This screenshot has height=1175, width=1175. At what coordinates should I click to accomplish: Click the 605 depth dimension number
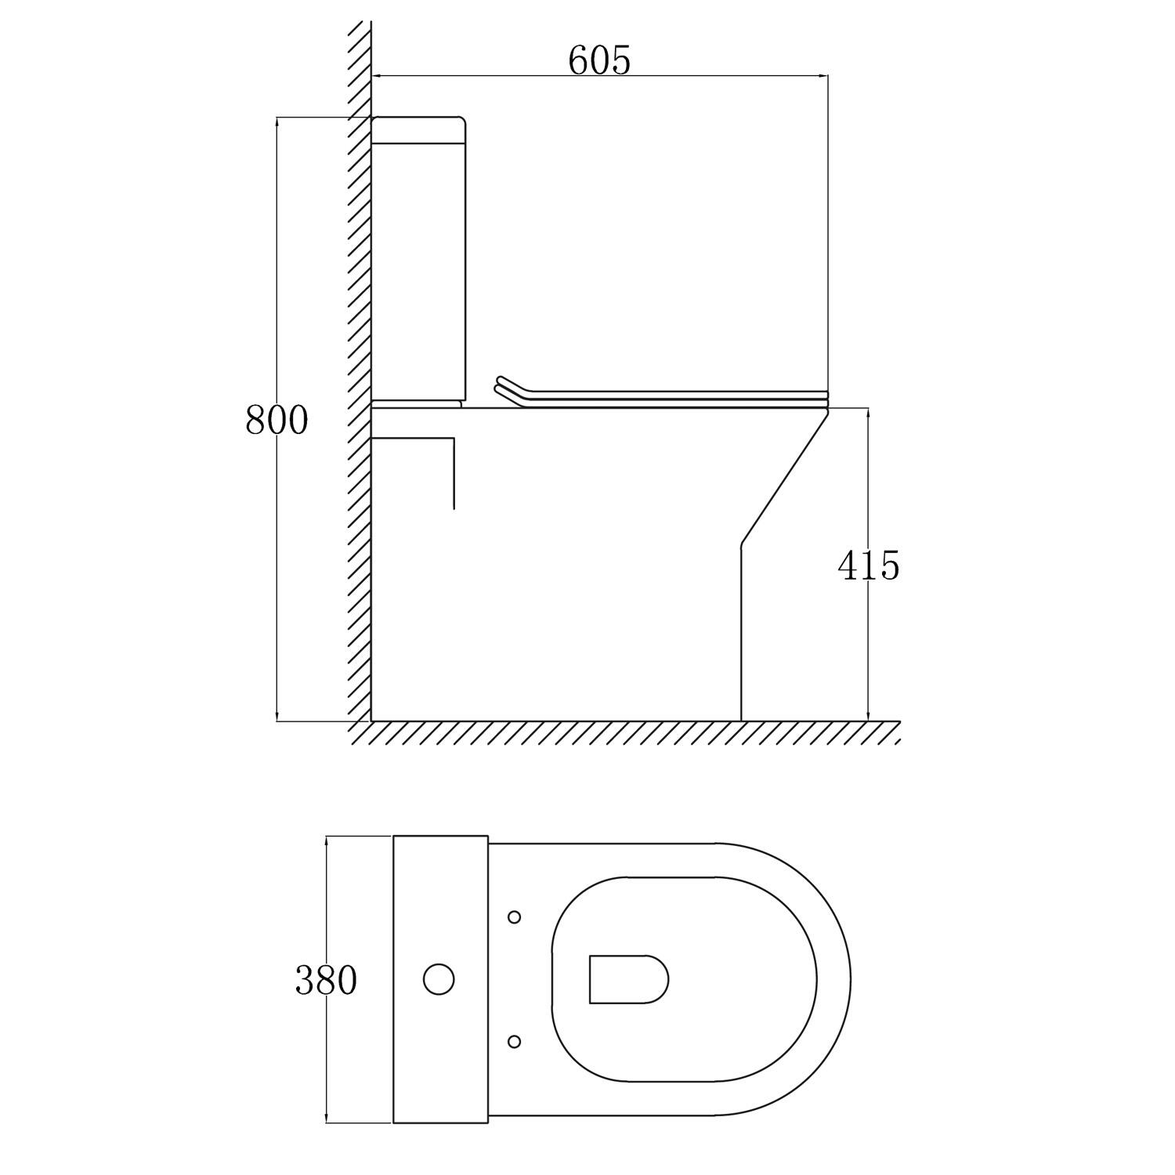point(599,60)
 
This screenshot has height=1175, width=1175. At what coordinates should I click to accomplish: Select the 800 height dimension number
point(277,420)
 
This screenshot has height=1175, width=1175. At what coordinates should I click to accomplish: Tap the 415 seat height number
point(869,565)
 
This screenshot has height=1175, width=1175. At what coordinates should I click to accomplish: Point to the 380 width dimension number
point(326,980)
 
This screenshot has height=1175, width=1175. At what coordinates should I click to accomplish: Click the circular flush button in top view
point(439,979)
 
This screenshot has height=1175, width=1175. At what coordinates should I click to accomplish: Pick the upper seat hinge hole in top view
point(515,916)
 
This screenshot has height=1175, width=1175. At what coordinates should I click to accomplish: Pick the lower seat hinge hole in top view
point(515,1041)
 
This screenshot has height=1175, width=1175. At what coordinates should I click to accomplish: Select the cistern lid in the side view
point(418,130)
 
